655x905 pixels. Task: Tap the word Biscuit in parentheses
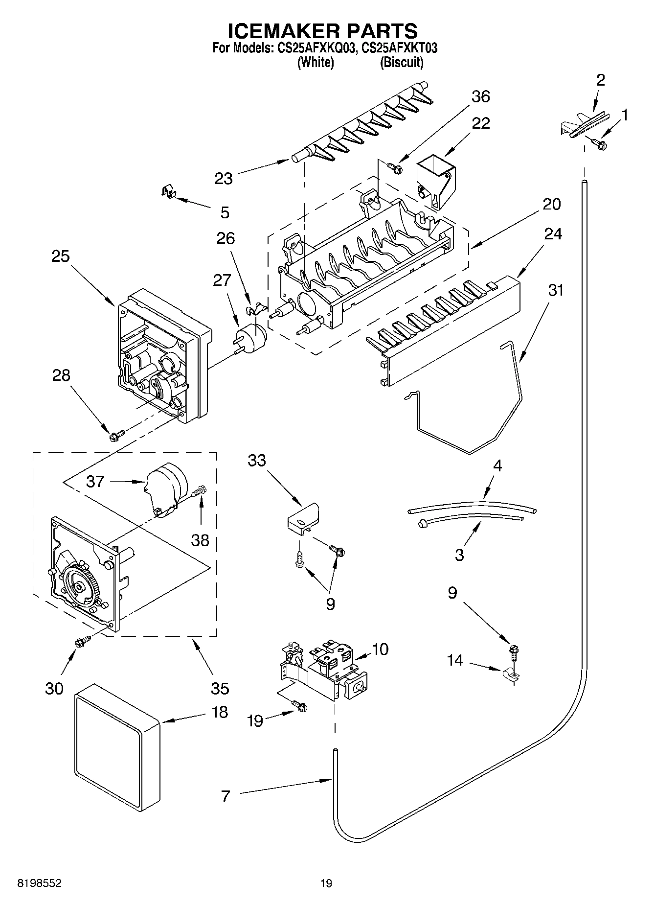pos(402,63)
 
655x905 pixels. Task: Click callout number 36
pos(480,96)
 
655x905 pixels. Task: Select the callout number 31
pos(555,290)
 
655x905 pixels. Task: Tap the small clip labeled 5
pos(168,192)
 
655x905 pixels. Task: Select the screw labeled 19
pos(300,706)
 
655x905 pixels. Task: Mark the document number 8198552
pos(39,883)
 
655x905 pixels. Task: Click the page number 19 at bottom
pos(326,883)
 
